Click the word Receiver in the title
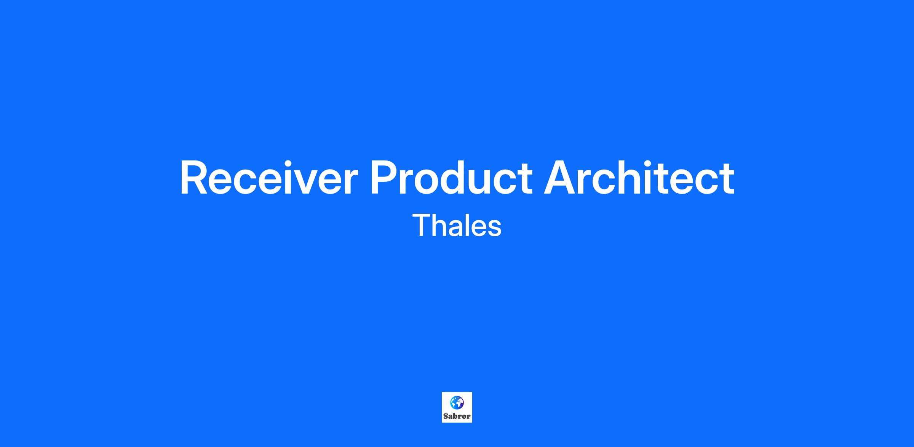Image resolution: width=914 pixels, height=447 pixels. [269, 178]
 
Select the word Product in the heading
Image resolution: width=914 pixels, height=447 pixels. [451, 178]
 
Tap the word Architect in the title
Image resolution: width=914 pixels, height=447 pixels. [639, 178]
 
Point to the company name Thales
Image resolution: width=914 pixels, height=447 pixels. [457, 225]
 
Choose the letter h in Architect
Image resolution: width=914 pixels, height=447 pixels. [631, 178]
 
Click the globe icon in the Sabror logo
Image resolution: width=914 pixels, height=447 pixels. [457, 403]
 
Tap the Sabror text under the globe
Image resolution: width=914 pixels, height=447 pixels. [457, 417]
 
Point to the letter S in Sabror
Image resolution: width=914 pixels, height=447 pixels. [446, 417]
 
